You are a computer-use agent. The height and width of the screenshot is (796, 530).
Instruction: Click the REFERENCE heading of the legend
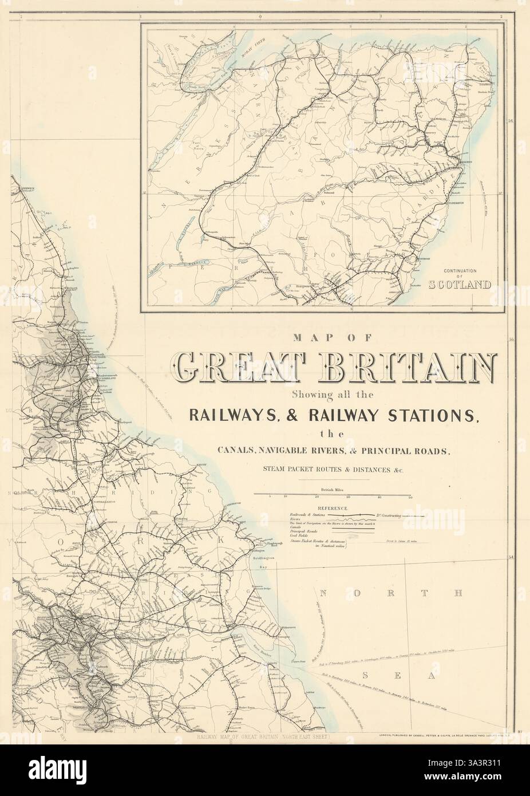pos(333,508)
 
